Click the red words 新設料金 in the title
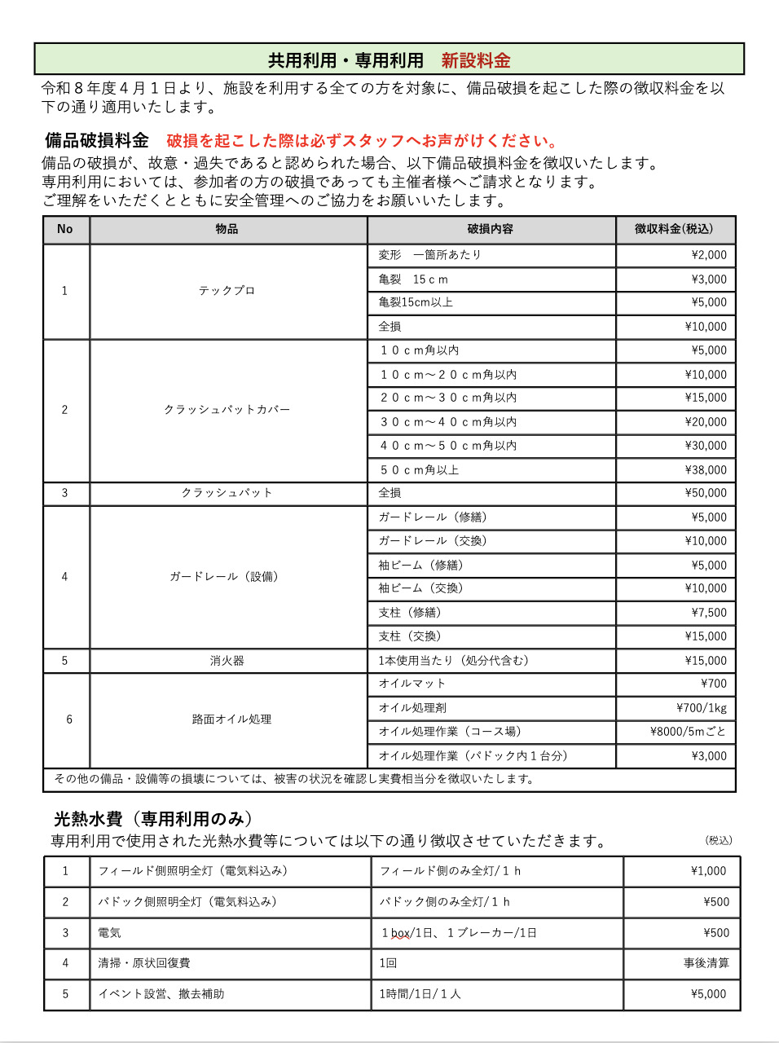pos(476,60)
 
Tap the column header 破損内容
pos(490,229)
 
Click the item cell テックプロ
pos(227,291)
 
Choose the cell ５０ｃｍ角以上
pos(419,470)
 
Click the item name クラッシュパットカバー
pos(227,410)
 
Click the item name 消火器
pos(227,661)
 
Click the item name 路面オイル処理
pos(231,720)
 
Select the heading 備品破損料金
pos(97,140)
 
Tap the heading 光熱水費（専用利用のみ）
pos(153,819)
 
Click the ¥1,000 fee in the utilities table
pos(708,871)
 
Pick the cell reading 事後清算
pos(706,963)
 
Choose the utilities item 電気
pos(109,933)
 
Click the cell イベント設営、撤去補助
pos(161,994)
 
